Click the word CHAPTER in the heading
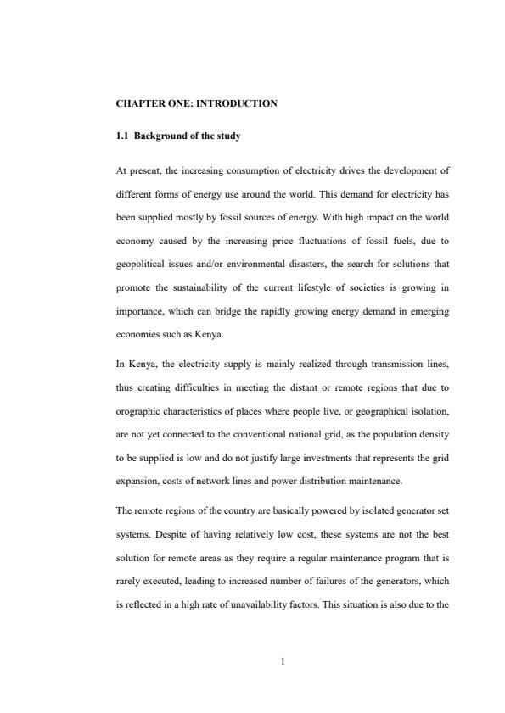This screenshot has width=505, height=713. coord(135,104)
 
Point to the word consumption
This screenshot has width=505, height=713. coord(246,170)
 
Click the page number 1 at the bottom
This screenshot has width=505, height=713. coord(282,663)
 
